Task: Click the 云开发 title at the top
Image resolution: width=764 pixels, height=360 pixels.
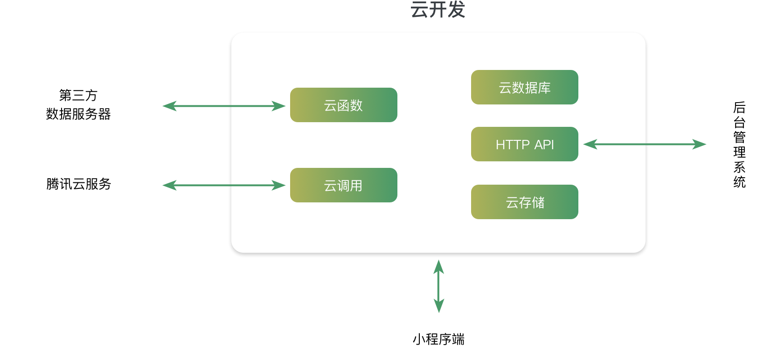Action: click(x=438, y=10)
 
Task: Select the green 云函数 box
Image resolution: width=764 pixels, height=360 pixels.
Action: click(x=343, y=105)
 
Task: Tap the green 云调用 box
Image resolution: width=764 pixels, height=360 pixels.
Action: click(x=343, y=186)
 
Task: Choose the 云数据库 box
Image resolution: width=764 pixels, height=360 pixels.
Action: click(x=524, y=88)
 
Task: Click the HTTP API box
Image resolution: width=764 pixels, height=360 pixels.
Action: click(x=524, y=145)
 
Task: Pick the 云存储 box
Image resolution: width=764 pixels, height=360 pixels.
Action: click(x=524, y=202)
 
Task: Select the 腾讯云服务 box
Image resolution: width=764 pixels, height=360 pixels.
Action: click(x=78, y=184)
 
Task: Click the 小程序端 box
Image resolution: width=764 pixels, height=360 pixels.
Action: click(x=438, y=339)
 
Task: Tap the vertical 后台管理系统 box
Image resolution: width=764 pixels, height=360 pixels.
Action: click(x=739, y=145)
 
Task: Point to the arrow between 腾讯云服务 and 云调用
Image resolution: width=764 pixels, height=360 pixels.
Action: click(x=224, y=186)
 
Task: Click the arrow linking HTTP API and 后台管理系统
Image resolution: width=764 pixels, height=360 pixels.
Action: click(x=645, y=145)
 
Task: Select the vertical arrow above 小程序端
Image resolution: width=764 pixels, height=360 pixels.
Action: click(x=438, y=286)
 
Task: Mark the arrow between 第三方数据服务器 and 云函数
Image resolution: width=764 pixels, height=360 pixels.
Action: click(x=224, y=106)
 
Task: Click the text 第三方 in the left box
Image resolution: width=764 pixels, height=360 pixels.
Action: click(x=78, y=95)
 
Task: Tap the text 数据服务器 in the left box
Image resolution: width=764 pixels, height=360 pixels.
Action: click(x=78, y=114)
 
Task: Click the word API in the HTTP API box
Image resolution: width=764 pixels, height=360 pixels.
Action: click(x=544, y=145)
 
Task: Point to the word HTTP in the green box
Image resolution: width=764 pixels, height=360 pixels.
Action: click(x=513, y=145)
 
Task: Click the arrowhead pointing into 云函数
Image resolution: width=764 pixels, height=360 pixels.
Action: click(x=279, y=106)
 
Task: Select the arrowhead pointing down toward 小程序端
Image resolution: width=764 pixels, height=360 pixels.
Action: click(x=438, y=307)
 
